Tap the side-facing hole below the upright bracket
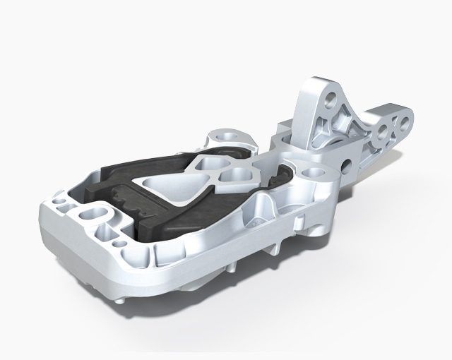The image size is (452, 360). pos(346,167)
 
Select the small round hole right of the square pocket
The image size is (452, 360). pos(124,243)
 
